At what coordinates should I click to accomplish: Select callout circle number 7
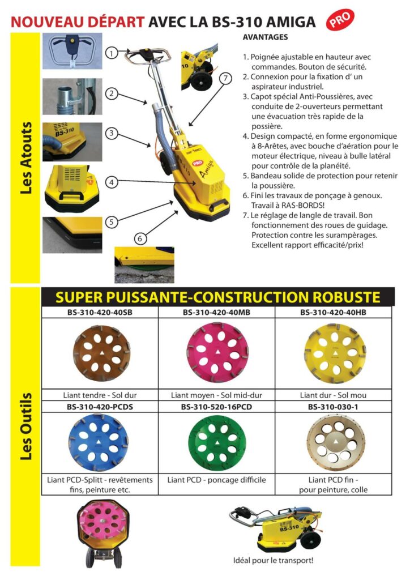(x=226, y=79)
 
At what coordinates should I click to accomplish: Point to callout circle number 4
(x=112, y=182)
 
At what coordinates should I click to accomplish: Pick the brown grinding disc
(x=99, y=353)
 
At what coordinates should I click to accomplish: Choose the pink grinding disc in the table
(x=215, y=353)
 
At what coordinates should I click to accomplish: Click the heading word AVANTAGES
(x=264, y=37)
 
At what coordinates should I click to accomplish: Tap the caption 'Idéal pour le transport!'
(x=273, y=561)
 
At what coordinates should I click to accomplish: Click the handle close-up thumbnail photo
(x=72, y=50)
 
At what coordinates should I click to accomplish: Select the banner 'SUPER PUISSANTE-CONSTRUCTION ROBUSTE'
(x=217, y=297)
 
